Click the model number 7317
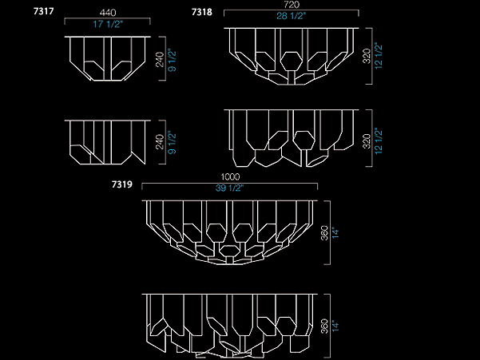43,11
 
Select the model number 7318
202,12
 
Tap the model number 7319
122,184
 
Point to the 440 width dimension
108,13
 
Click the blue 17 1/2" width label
108,24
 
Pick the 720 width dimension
292,5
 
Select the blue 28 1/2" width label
292,16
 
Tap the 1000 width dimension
230,176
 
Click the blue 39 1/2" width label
229,188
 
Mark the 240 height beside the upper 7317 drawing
160,60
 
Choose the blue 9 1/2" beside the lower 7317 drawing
172,143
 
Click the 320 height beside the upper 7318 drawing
367,56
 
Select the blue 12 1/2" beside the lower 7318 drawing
379,141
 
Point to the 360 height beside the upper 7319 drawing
325,233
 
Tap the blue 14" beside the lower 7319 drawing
335,326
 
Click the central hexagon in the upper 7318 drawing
292,61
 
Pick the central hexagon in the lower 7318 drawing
303,140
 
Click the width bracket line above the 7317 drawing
107,18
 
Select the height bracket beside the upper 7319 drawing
328,232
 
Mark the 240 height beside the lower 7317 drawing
160,142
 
